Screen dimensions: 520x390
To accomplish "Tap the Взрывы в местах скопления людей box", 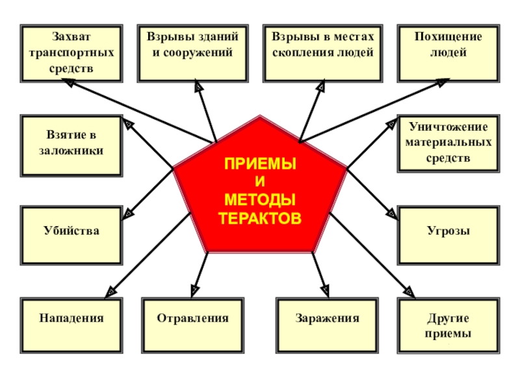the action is coord(322,53).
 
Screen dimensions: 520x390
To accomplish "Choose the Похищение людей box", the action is coord(448,53).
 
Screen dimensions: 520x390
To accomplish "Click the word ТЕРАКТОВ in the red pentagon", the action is coord(260,218).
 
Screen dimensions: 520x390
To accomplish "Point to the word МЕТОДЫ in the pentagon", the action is coord(260,198).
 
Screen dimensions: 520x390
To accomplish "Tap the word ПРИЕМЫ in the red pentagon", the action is coord(260,163).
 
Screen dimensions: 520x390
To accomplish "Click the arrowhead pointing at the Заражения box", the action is coord(326,291).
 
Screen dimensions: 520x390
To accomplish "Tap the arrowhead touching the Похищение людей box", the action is coord(443,83).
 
